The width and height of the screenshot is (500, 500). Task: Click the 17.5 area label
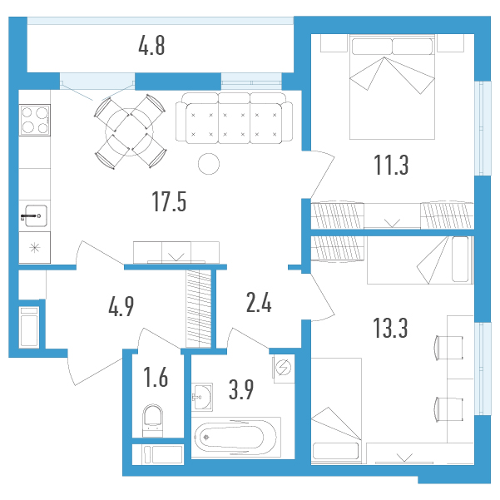click(x=169, y=201)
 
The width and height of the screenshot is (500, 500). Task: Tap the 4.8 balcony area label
click(x=151, y=46)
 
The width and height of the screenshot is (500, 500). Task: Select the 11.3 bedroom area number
click(x=391, y=165)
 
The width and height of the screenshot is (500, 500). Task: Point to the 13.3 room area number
click(x=390, y=328)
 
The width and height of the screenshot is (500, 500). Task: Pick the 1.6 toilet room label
click(x=156, y=377)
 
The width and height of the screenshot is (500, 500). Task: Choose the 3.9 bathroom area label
click(x=241, y=389)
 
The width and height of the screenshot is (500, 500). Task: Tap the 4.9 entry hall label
click(x=121, y=306)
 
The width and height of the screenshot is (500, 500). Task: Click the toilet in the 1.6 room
click(x=153, y=420)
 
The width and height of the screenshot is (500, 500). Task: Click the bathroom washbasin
click(x=202, y=397)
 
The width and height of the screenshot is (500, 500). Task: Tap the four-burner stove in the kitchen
click(x=35, y=120)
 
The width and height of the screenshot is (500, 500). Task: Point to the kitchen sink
click(x=35, y=215)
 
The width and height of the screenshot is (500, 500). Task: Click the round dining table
click(x=129, y=131)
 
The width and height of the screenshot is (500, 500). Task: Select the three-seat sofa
click(x=234, y=118)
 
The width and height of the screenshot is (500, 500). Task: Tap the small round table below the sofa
click(x=209, y=164)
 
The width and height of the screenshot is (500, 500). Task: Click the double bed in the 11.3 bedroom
click(x=392, y=87)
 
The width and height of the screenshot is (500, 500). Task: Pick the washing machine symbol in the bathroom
click(x=284, y=368)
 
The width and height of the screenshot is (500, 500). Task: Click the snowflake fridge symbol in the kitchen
click(x=34, y=247)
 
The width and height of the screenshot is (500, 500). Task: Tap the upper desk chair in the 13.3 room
click(x=448, y=348)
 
